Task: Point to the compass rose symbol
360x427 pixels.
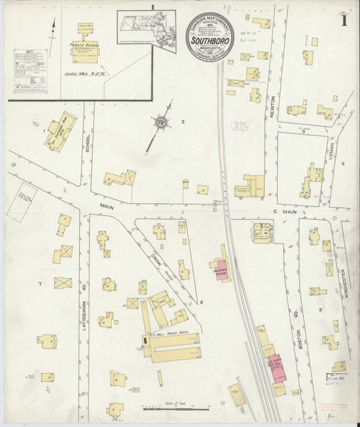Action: (x=163, y=122)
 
